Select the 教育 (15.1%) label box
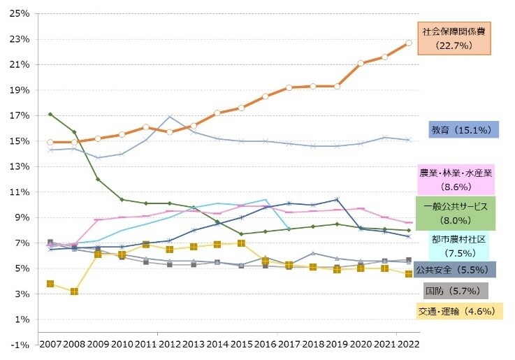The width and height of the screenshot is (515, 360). click(x=463, y=130)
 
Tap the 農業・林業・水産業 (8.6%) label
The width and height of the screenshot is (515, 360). click(x=456, y=180)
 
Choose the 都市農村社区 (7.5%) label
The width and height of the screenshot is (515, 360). click(x=458, y=245)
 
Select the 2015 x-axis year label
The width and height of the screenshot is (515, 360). click(x=241, y=345)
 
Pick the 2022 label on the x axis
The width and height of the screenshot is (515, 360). click(x=409, y=345)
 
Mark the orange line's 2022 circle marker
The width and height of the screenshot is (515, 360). click(x=409, y=43)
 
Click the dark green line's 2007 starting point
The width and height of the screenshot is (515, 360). click(x=50, y=114)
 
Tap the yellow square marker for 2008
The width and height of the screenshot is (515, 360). click(x=73, y=291)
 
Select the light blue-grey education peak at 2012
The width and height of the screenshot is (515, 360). click(x=170, y=117)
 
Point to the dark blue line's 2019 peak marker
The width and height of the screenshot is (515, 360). click(x=337, y=200)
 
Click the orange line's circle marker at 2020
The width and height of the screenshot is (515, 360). click(x=361, y=63)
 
